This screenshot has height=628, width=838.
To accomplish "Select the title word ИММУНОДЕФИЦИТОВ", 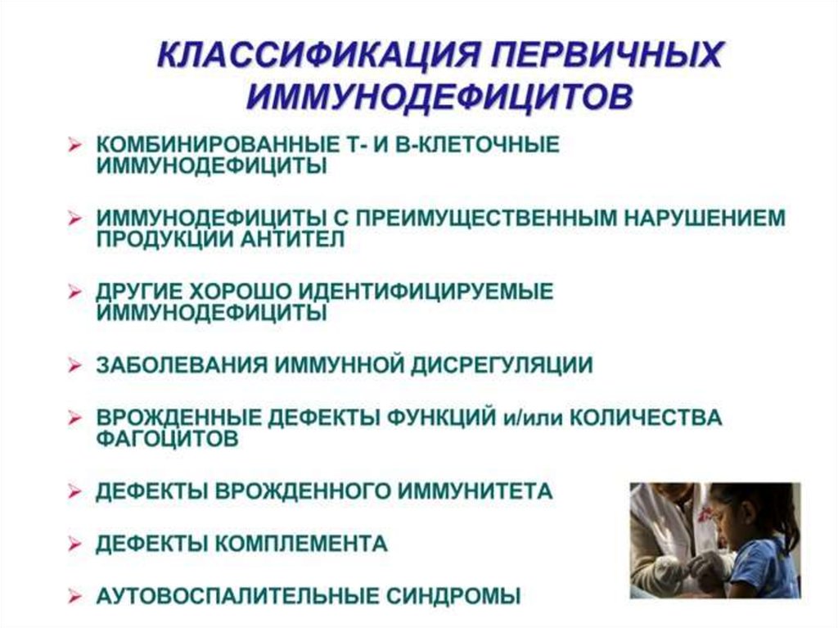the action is [x=439, y=97].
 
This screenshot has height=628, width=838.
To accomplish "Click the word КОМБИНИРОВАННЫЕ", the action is [x=213, y=144].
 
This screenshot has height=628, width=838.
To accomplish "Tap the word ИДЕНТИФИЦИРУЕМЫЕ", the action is [x=426, y=291].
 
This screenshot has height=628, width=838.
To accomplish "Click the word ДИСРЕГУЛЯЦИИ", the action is [x=502, y=365].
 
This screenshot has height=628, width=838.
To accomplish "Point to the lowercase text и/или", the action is [x=533, y=418].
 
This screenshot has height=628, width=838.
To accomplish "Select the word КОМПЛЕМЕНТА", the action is [x=301, y=544].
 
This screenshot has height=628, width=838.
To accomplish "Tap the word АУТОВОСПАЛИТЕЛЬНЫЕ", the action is [x=237, y=596].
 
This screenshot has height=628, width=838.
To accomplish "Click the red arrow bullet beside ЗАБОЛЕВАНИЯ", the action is [x=74, y=365].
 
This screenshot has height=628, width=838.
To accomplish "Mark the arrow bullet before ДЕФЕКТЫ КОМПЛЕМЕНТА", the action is [x=74, y=544].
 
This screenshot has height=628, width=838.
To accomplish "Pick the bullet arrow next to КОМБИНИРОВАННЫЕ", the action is [x=74, y=145].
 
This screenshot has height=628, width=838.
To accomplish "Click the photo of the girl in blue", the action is [x=715, y=540].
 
